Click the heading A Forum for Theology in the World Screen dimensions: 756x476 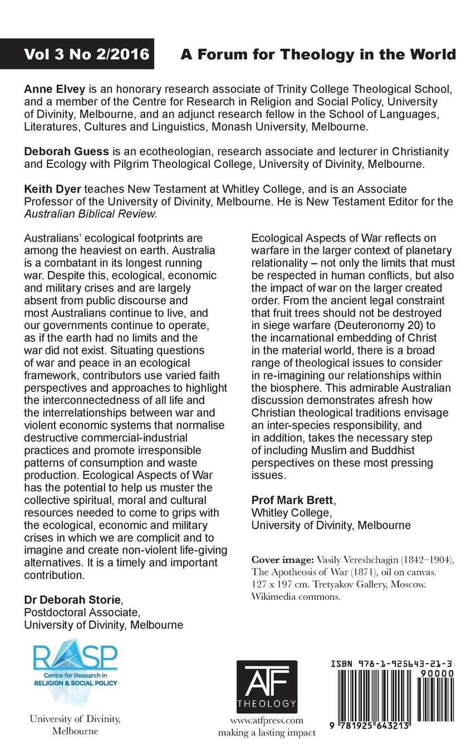(318, 54)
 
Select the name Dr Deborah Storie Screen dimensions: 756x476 (72, 600)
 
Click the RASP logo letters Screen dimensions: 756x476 (76, 659)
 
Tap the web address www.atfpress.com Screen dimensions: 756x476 (267, 720)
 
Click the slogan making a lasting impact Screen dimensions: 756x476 (267, 733)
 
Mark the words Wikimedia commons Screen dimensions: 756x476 (296, 598)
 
